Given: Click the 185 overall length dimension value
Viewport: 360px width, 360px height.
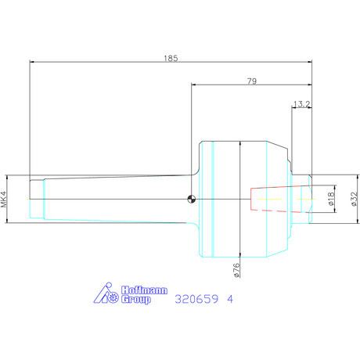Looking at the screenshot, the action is click(171, 58).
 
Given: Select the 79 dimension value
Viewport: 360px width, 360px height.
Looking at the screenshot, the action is click(252, 81).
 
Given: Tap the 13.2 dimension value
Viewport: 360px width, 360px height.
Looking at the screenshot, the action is click(301, 104).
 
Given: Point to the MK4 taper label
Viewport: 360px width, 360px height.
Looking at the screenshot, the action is click(4, 199).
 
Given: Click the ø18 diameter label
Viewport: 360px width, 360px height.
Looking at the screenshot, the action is click(330, 199).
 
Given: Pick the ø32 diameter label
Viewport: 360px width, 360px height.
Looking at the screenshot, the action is click(354, 199).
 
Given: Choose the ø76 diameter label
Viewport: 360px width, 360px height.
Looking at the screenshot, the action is click(236, 270).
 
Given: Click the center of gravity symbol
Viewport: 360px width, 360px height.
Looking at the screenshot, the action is click(192, 199).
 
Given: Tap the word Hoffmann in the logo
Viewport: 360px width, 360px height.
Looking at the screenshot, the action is click(144, 290).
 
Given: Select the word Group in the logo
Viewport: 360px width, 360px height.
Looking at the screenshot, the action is click(136, 299).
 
